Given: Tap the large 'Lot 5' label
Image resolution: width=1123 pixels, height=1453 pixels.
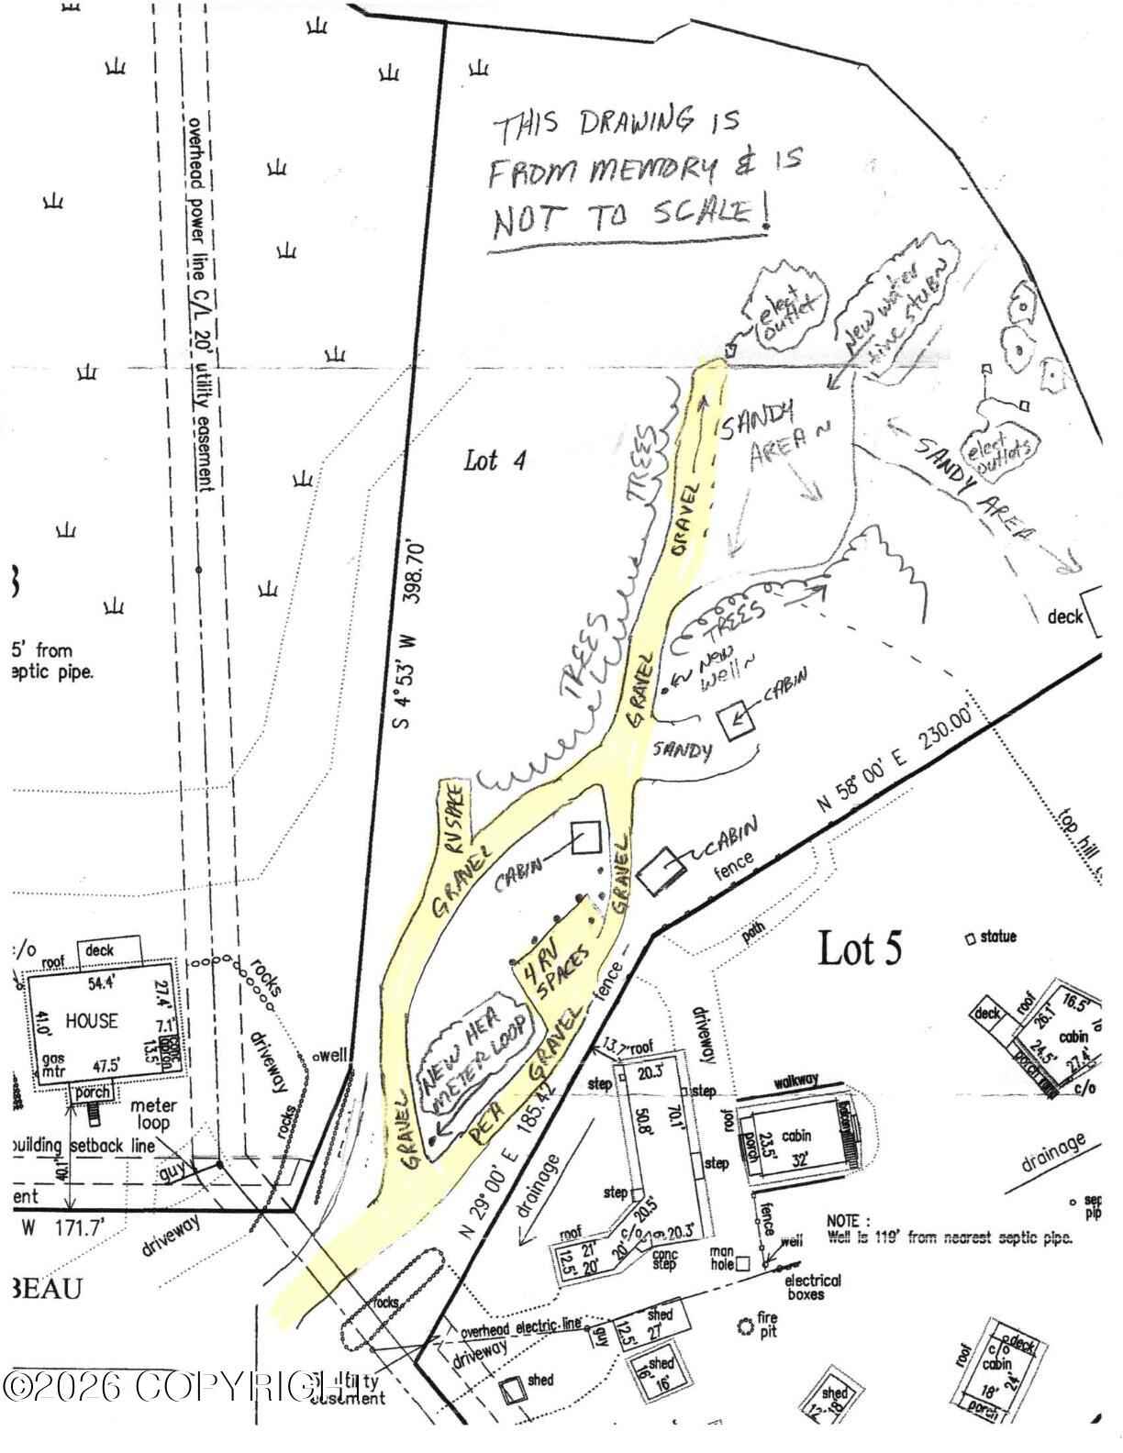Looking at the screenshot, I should pyautogui.click(x=859, y=948).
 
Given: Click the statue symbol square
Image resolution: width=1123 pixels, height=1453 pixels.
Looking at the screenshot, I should pyautogui.click(x=970, y=938).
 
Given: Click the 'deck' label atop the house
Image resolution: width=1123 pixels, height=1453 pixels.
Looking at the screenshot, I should pyautogui.click(x=99, y=950).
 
